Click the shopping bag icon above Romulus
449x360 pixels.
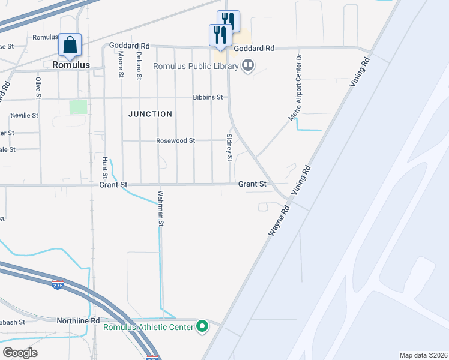point(70,45)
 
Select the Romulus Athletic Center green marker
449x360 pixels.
point(203,327)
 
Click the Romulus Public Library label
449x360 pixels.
point(196,66)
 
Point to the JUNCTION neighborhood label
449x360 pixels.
point(150,113)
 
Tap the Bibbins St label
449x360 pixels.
point(208,97)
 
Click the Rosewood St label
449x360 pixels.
point(175,140)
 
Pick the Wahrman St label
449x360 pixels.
point(161,208)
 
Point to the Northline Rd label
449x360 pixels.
point(78,321)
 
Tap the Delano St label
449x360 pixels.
point(139,65)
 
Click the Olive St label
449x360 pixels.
point(38,88)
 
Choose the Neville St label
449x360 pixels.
point(24,115)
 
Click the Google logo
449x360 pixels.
point(19,353)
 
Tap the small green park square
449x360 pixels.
point(78,107)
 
